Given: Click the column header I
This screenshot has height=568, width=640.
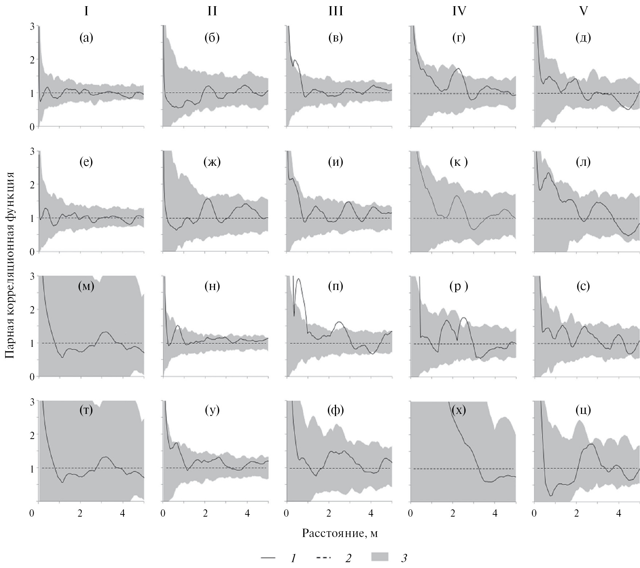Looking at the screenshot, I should pyautogui.click(x=86, y=11).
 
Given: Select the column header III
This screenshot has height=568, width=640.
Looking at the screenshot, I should pyautogui.click(x=335, y=11).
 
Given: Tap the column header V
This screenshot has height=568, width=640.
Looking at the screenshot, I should pyautogui.click(x=583, y=11).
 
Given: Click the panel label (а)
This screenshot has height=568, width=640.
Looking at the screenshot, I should pyautogui.click(x=86, y=38).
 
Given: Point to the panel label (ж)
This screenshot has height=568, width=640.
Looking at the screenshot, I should pyautogui.click(x=212, y=162).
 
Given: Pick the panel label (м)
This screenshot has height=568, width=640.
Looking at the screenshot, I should pyautogui.click(x=86, y=287).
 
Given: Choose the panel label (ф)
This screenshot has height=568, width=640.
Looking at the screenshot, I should pyautogui.click(x=335, y=411).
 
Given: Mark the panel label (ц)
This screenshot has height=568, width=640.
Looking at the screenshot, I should pyautogui.click(x=583, y=411).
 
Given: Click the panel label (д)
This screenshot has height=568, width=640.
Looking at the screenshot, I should pyautogui.click(x=583, y=38).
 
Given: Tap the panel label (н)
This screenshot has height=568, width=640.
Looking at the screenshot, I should pyautogui.click(x=212, y=287).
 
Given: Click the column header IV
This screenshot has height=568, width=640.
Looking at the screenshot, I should pyautogui.click(x=459, y=11).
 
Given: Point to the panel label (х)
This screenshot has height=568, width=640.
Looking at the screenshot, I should pyautogui.click(x=459, y=411).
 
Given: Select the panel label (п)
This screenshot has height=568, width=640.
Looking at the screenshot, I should pyautogui.click(x=335, y=287).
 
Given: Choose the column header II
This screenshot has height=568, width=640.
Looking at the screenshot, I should pyautogui.click(x=212, y=11).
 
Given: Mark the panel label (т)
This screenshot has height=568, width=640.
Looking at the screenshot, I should pyautogui.click(x=86, y=411).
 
